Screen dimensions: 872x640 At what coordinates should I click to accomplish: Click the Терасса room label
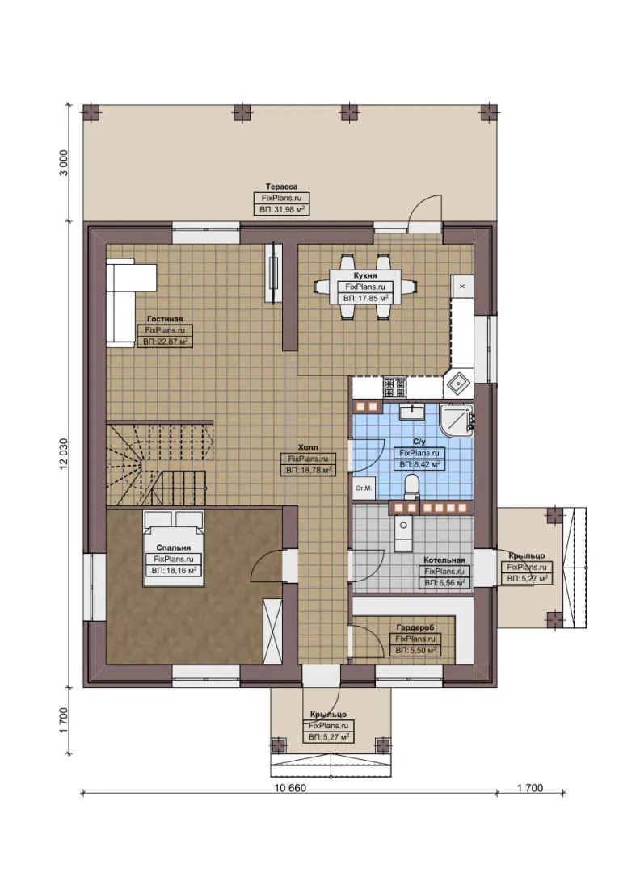[x=282, y=186]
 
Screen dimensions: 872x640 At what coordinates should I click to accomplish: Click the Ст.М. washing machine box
[x=363, y=488]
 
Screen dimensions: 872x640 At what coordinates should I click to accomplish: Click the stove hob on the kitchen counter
[x=395, y=388]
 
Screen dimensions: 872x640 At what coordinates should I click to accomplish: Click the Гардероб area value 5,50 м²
[x=416, y=649]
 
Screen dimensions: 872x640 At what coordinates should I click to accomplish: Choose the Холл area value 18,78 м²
[x=307, y=469]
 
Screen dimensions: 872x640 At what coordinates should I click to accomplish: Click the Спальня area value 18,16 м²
[x=173, y=569]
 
